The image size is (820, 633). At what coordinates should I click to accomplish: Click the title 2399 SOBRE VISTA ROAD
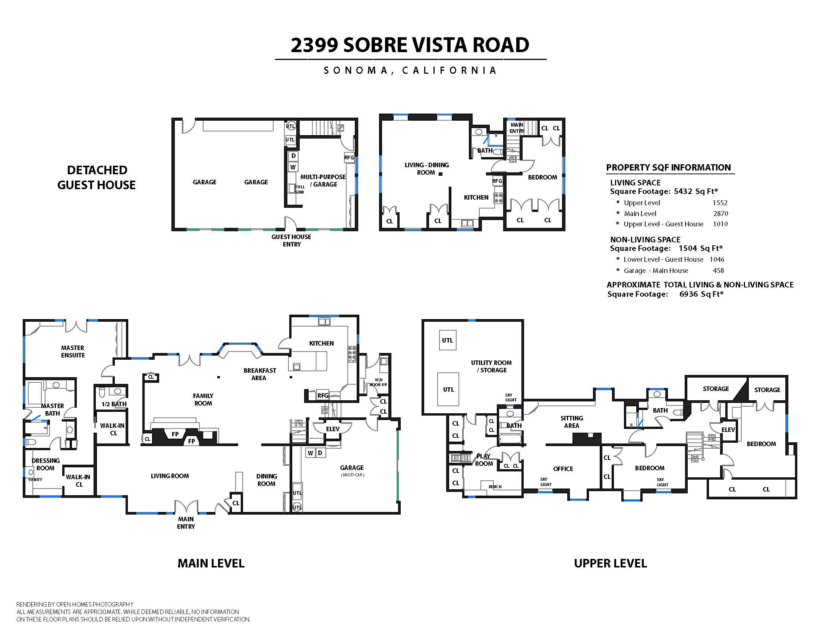pyautogui.click(x=410, y=45)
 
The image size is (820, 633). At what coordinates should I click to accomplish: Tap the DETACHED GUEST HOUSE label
pyautogui.click(x=97, y=177)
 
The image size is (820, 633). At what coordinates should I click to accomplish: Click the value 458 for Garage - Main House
pyautogui.click(x=718, y=270)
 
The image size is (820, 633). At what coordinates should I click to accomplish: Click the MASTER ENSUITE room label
pyautogui.click(x=73, y=352)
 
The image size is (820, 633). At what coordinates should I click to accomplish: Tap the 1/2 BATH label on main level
pyautogui.click(x=114, y=404)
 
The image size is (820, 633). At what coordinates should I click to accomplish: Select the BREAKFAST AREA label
pyautogui.click(x=259, y=374)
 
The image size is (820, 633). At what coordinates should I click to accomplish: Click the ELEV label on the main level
pyautogui.click(x=332, y=429)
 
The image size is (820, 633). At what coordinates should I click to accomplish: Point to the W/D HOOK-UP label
pyautogui.click(x=378, y=382)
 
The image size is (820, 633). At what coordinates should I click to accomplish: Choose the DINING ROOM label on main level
pyautogui.click(x=266, y=480)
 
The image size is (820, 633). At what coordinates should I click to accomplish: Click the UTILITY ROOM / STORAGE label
pyautogui.click(x=491, y=366)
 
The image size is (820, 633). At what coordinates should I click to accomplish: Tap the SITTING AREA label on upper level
pyautogui.click(x=571, y=422)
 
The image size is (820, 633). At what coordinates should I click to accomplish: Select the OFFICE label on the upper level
pyautogui.click(x=563, y=469)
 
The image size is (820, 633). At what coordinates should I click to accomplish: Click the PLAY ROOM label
pyautogui.click(x=483, y=460)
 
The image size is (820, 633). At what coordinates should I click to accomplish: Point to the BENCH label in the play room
pyautogui.click(x=495, y=487)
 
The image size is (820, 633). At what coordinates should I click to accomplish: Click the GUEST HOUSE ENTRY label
pyautogui.click(x=291, y=241)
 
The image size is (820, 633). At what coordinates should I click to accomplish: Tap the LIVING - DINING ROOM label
pyautogui.click(x=426, y=168)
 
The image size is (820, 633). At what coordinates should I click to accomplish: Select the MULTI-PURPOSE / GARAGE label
pyautogui.click(x=323, y=180)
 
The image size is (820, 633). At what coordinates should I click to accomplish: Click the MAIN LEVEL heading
pyautogui.click(x=211, y=563)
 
